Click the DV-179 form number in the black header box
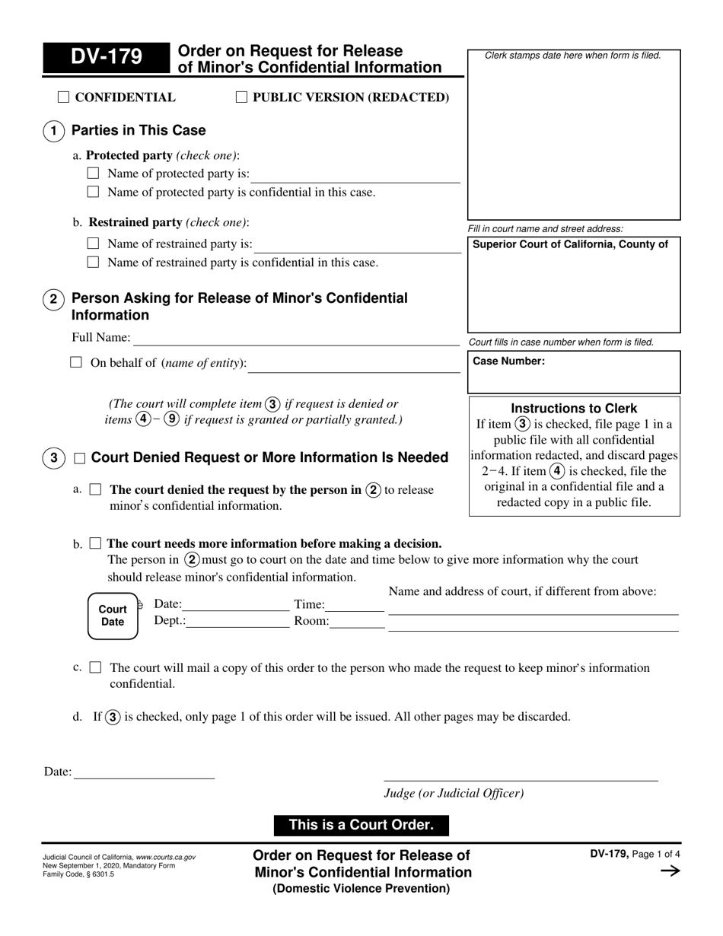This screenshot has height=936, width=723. [x=106, y=58]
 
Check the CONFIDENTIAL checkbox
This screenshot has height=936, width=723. [x=63, y=97]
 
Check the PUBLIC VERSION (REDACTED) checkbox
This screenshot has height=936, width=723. [x=241, y=97]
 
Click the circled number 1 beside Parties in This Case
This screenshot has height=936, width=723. [x=53, y=131]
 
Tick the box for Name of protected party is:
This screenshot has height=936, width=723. [x=93, y=174]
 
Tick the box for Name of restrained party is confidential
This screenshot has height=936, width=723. [x=93, y=263]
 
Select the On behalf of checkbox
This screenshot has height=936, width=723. [x=76, y=363]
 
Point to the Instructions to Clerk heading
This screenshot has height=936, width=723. [x=574, y=408]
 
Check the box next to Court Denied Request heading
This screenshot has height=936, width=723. [x=80, y=458]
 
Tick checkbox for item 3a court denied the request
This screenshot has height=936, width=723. [x=95, y=490]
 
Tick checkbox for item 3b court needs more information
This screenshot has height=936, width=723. [x=95, y=543]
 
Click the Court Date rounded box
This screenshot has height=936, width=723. [x=113, y=615]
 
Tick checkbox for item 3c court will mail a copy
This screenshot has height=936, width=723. [x=95, y=667]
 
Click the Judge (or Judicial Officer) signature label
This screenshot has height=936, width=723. [x=454, y=793]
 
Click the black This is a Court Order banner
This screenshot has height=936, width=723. [x=361, y=825]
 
